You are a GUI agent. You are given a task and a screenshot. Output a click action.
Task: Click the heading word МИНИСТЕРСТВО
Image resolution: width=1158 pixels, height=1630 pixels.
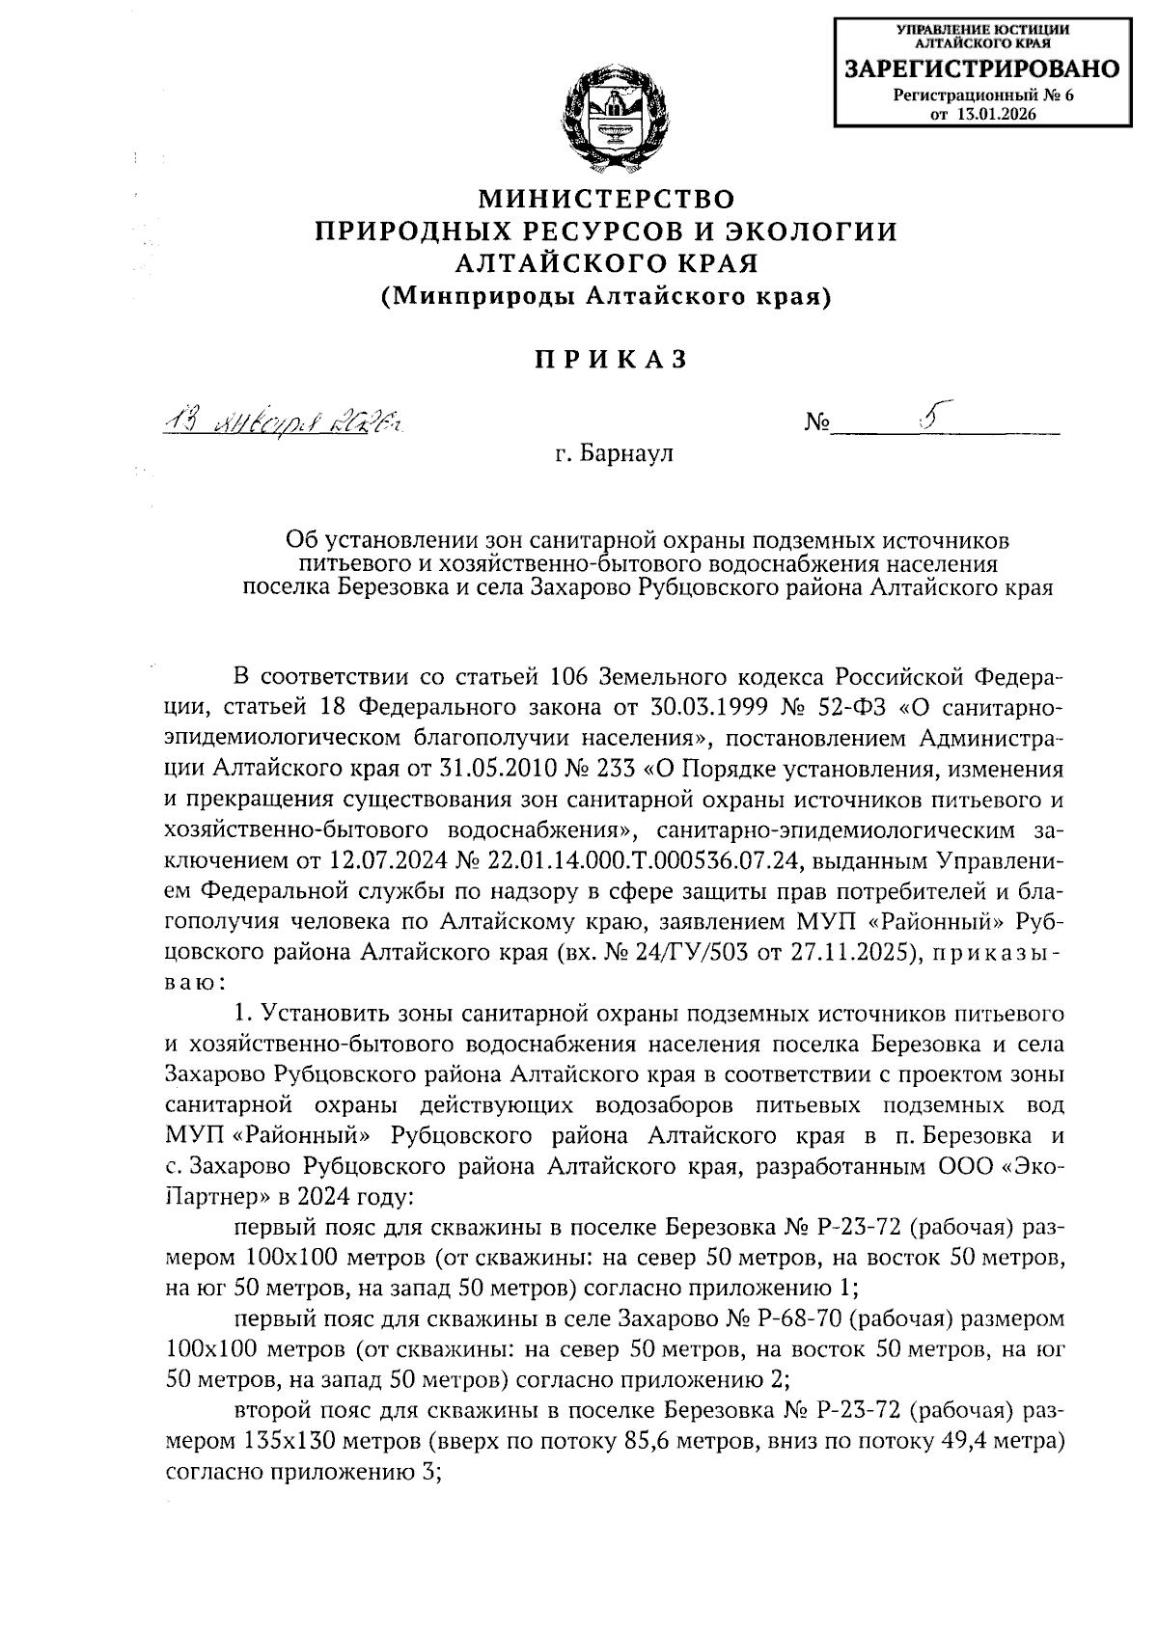(607, 200)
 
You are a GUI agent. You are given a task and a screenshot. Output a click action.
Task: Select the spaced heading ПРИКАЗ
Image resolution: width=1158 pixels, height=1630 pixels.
(610, 360)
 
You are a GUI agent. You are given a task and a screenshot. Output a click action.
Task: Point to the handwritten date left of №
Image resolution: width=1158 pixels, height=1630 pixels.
(283, 422)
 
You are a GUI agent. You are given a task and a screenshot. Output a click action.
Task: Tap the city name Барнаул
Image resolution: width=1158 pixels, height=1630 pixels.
(625, 453)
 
